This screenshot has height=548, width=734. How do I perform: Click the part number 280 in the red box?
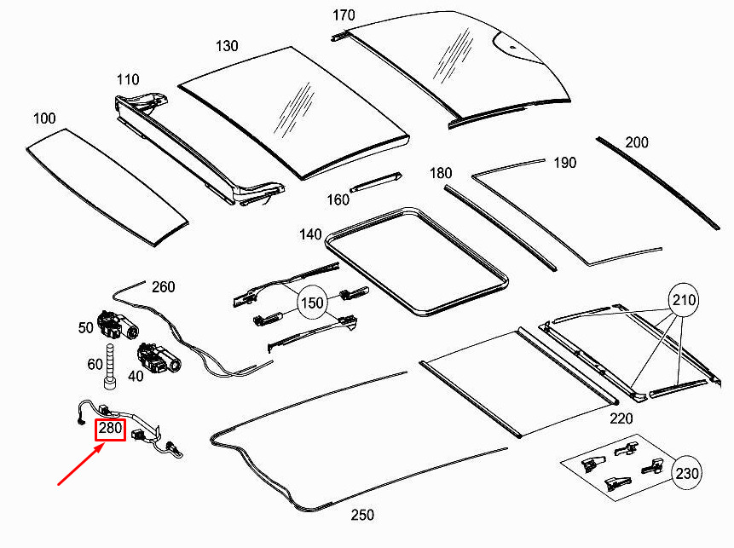pos(111,428)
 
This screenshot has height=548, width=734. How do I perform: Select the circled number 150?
pos(312,303)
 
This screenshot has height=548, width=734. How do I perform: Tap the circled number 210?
pos(684,299)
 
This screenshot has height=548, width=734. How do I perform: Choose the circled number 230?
pos(687,474)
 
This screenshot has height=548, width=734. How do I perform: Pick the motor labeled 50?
pos(117,326)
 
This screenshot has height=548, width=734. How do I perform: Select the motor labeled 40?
pos(159,359)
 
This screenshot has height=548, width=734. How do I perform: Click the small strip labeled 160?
pos(375,182)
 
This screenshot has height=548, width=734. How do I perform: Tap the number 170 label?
pos(344,15)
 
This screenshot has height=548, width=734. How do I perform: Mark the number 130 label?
pos(227,46)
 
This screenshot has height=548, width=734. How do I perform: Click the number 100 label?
pos(44,118)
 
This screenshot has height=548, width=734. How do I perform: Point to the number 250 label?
pos(362,515)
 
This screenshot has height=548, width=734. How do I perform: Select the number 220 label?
pos(621,418)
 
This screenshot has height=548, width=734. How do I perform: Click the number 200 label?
pos(637,142)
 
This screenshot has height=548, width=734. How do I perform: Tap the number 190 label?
pos(565,163)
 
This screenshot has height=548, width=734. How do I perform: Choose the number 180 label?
pos(441,173)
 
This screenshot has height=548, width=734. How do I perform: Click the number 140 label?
pos(310,234)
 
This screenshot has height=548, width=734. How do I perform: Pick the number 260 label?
pos(164,287)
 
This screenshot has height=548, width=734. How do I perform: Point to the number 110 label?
pos(128,79)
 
